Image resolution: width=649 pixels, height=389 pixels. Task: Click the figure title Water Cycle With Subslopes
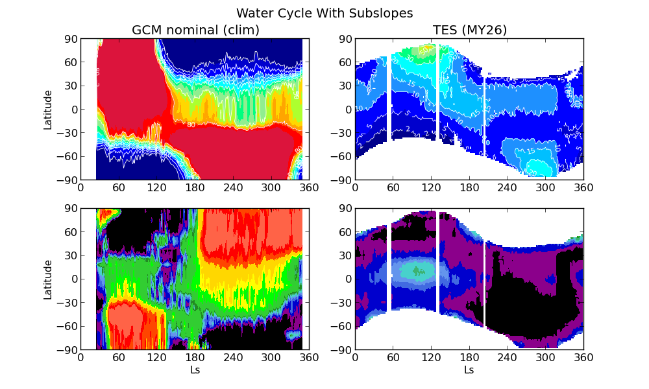pyautogui.click(x=324, y=13)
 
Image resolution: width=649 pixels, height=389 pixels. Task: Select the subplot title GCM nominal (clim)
pyautogui.click(x=195, y=30)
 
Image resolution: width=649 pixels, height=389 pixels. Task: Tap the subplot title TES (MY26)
pyautogui.click(x=469, y=30)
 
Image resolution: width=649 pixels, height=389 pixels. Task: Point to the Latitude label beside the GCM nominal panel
pyautogui.click(x=48, y=110)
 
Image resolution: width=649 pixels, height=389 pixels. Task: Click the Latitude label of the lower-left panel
pyautogui.click(x=48, y=279)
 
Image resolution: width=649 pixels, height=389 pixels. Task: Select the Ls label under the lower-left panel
pyautogui.click(x=195, y=370)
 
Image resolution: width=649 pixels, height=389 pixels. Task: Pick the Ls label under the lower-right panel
pyautogui.click(x=469, y=370)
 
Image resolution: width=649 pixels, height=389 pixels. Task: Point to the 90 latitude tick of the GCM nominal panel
pyautogui.click(x=70, y=39)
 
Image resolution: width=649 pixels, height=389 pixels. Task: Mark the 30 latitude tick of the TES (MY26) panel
pyautogui.click(x=345, y=86)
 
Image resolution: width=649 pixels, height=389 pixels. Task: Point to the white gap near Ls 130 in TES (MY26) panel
pyautogui.click(x=438, y=97)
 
